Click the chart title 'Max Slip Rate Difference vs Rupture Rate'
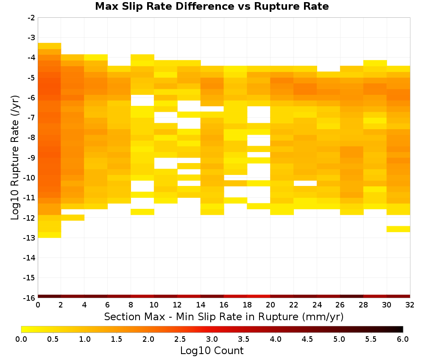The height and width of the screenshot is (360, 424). [x=212, y=6]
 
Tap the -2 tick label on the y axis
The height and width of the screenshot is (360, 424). [x=31, y=18]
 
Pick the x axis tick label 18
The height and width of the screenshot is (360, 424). [x=247, y=305]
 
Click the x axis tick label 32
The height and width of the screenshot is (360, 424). [x=410, y=305]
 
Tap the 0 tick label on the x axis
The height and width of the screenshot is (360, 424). [x=38, y=305]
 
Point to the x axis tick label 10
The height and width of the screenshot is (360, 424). [x=154, y=305]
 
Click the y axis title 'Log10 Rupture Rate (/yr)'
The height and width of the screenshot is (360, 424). [x=15, y=158]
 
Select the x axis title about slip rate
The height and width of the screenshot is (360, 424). [x=224, y=316]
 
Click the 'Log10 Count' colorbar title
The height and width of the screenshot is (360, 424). [x=212, y=351]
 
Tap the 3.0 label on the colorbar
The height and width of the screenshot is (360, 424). [x=212, y=339]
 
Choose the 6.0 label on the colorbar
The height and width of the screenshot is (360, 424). [x=403, y=339]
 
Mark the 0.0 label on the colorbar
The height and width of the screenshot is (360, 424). [x=21, y=339]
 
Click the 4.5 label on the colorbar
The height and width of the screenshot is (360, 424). [x=307, y=339]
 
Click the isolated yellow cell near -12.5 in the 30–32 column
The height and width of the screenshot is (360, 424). [x=398, y=229]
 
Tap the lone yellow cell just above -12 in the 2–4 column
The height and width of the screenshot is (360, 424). [x=73, y=218]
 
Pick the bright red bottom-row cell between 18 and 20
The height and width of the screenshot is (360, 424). [x=259, y=296]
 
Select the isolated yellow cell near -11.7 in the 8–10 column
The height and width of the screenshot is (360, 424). [x=142, y=212]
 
